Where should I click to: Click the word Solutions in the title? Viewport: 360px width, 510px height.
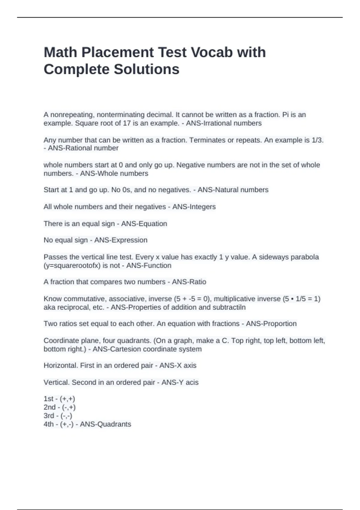[146, 69]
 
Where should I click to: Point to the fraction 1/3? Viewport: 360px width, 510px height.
[316, 140]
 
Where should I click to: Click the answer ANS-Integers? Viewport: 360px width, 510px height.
[194, 207]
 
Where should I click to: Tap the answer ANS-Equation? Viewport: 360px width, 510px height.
[144, 224]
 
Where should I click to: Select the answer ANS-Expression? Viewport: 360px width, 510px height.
[121, 240]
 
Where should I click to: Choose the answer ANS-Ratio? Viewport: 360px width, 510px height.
[189, 282]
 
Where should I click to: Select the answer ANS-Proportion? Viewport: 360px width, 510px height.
[271, 324]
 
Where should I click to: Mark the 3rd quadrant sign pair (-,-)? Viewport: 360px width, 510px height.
[66, 416]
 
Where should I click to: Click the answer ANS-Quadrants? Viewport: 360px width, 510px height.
[106, 424]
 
